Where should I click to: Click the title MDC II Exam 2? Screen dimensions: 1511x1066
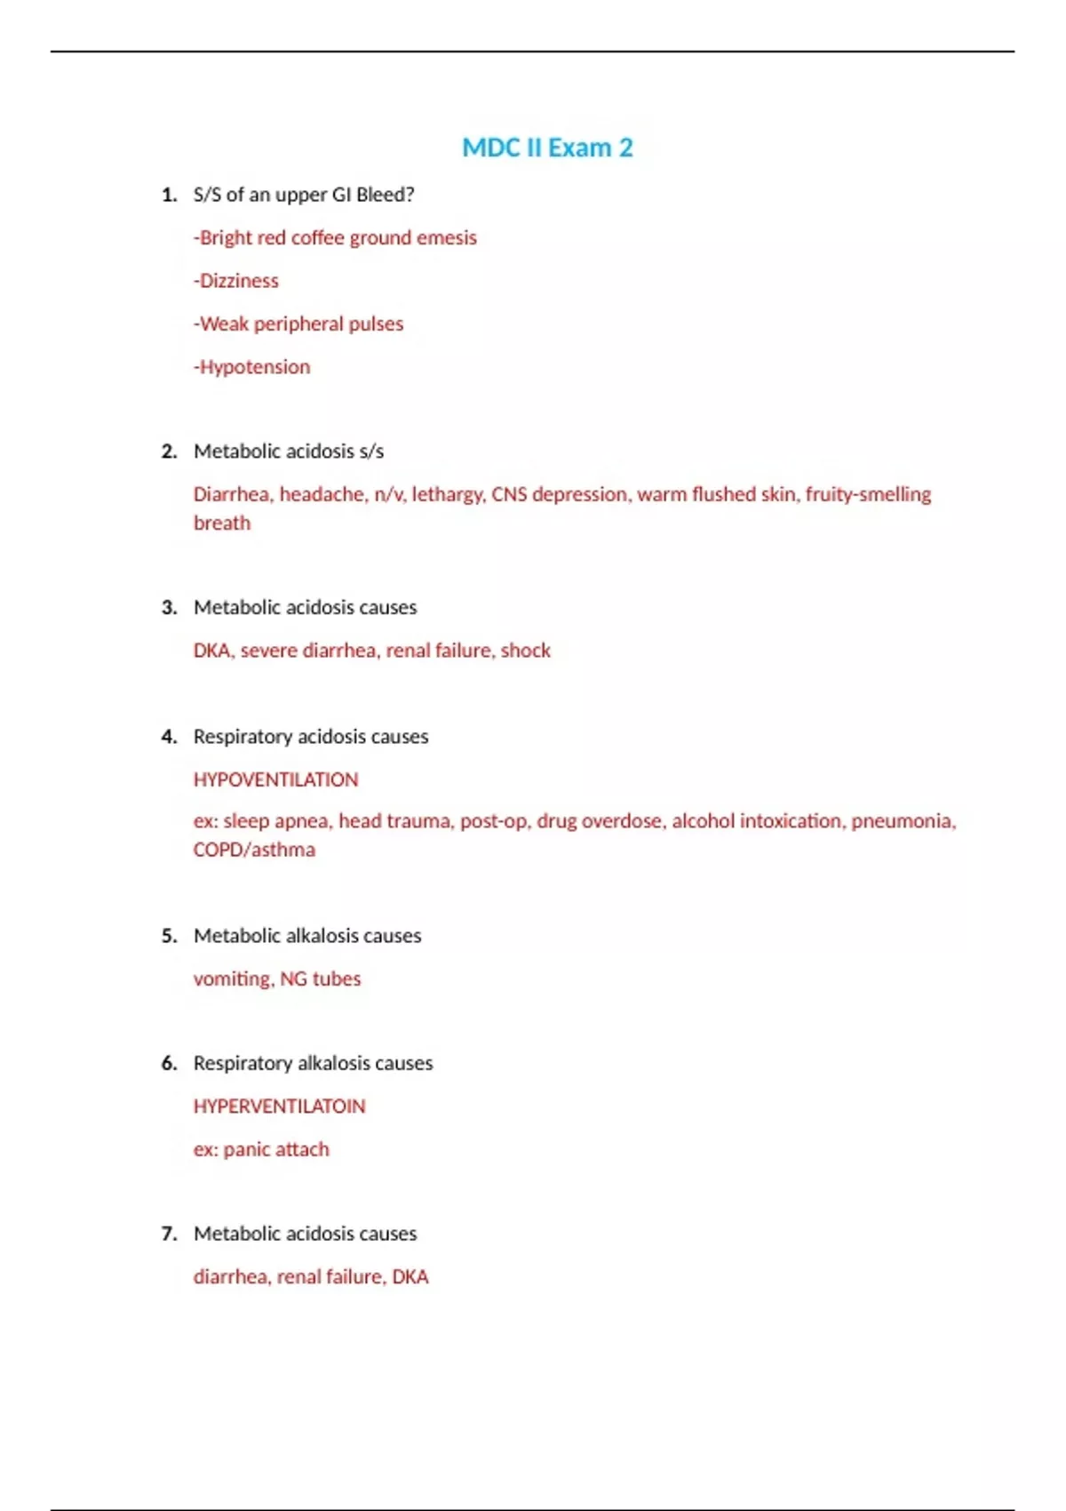[x=547, y=148]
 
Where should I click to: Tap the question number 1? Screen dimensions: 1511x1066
[x=169, y=195]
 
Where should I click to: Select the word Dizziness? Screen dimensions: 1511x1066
[x=239, y=281]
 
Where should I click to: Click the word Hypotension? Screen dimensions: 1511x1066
[x=255, y=367]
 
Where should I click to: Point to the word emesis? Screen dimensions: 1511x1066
[x=447, y=238]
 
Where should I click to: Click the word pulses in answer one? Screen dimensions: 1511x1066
[x=376, y=324]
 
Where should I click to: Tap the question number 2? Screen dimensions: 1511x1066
[x=169, y=452]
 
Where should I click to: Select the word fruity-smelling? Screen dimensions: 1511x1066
[x=868, y=494]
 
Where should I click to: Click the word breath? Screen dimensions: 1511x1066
[x=222, y=523]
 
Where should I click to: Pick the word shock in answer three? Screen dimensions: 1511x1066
[x=526, y=651]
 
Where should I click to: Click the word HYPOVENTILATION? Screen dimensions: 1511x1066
[x=275, y=779]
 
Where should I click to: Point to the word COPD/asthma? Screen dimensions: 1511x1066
[x=254, y=850]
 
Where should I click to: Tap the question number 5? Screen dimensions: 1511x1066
[x=169, y=936]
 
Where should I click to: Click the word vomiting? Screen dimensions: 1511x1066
[x=233, y=979]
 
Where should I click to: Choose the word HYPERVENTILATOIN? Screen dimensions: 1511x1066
[x=279, y=1107]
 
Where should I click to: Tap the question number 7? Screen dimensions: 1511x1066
[x=169, y=1234]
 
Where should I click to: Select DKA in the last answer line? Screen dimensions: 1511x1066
[x=410, y=1277]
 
